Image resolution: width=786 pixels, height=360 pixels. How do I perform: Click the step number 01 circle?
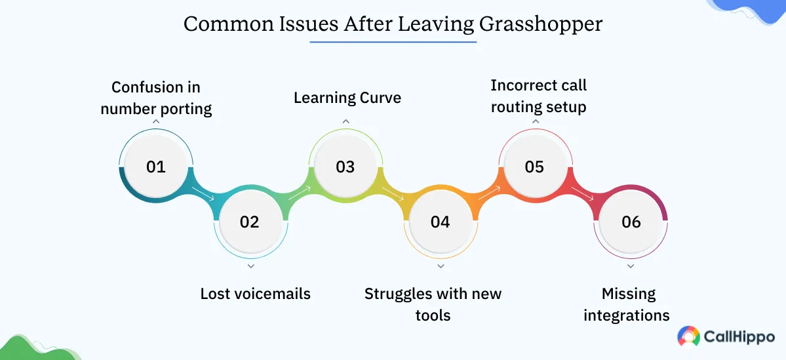pos(156,167)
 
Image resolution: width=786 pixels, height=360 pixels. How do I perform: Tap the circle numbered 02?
pos(250,222)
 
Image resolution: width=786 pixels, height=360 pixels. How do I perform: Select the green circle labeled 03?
pos(345,167)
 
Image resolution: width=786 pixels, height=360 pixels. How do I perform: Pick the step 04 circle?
pos(441,222)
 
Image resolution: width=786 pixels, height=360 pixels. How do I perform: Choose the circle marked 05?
pos(534,167)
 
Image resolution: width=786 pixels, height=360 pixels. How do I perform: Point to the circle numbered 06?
pos(631,222)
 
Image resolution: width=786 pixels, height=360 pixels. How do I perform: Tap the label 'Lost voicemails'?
pos(256,293)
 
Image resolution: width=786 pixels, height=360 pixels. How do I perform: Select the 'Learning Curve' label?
pos(347,98)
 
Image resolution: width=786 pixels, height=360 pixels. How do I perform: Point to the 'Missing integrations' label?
pos(627,304)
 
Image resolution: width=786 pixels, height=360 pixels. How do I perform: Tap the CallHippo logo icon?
pos(688,336)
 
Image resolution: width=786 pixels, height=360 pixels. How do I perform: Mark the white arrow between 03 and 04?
pos(395,194)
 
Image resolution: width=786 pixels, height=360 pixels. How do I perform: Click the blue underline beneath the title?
pos(393,43)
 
